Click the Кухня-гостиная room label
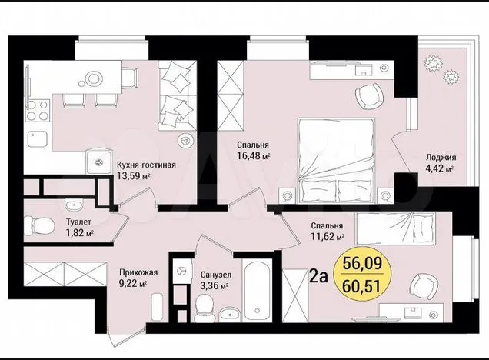click(146, 165)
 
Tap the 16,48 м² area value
click(253, 155)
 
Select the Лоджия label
click(441, 158)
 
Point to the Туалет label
click(78, 222)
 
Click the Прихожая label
click(138, 272)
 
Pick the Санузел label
click(216, 275)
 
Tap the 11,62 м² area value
click(328, 236)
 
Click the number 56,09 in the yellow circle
click(362, 264)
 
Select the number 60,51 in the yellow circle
click(362, 286)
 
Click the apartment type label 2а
click(318, 276)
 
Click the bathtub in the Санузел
click(257, 292)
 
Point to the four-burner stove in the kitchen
click(37, 111)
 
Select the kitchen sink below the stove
click(38, 139)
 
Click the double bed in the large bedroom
click(336, 160)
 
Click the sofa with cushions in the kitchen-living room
click(177, 95)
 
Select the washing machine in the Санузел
click(181, 271)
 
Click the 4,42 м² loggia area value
click(440, 169)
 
